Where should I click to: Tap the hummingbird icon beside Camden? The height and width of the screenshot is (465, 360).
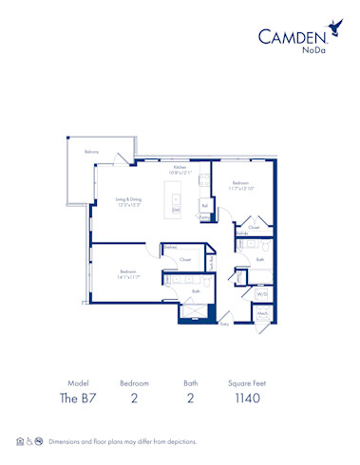click(333, 28)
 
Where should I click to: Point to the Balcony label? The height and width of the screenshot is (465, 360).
click(91, 152)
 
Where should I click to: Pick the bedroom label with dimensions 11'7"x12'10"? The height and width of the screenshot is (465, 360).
click(239, 185)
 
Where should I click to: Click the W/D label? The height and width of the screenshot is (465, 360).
click(262, 294)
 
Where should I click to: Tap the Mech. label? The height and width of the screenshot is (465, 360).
click(262, 314)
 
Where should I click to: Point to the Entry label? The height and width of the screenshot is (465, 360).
click(224, 324)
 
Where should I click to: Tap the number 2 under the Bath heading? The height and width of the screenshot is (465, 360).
click(190, 399)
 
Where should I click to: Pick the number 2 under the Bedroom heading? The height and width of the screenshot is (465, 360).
click(134, 399)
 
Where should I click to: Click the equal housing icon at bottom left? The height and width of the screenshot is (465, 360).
click(20, 441)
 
